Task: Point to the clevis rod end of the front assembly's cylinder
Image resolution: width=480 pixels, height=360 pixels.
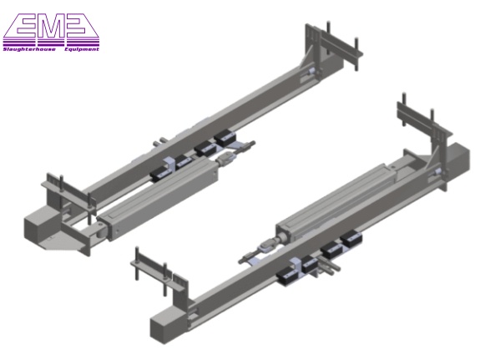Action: [x=256, y=245]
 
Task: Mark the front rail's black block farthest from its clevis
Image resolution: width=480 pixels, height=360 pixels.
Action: [x=350, y=239]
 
